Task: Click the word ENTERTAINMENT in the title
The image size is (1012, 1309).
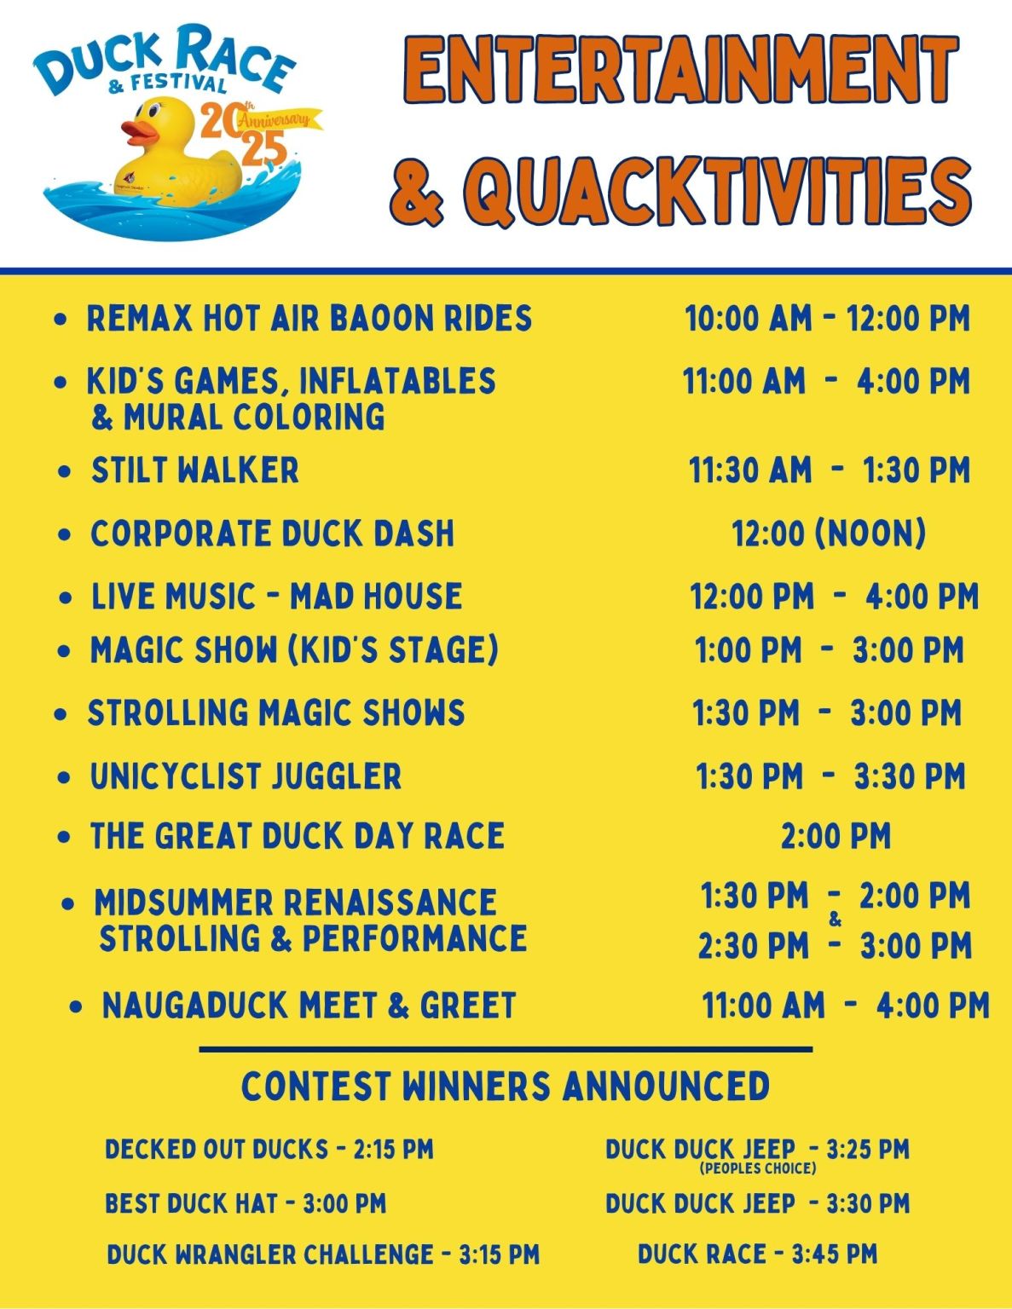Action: tap(679, 69)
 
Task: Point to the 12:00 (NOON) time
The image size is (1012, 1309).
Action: tap(829, 533)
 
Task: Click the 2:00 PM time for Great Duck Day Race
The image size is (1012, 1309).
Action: tap(836, 836)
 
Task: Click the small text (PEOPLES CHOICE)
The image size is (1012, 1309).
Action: tap(758, 1168)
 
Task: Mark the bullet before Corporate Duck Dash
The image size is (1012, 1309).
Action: tap(65, 535)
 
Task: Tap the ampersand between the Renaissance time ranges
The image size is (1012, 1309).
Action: tap(835, 920)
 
